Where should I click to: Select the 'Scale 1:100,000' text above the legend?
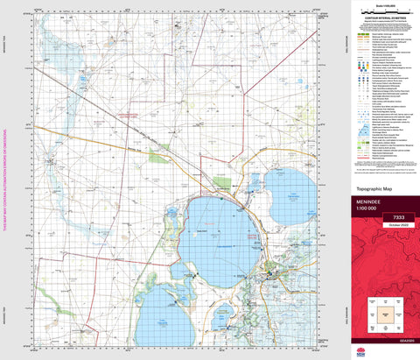(386, 4)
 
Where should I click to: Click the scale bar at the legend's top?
(386, 10)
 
